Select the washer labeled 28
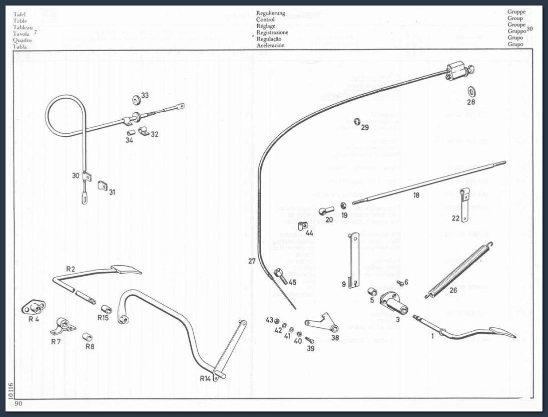(471, 91)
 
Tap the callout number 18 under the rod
(416, 196)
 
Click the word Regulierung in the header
(270, 14)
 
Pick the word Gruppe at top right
(516, 13)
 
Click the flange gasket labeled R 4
(34, 307)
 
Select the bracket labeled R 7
(62, 326)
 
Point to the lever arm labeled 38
(322, 323)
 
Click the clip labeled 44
(302, 228)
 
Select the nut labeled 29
(357, 122)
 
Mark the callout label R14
(205, 378)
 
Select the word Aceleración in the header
(270, 46)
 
